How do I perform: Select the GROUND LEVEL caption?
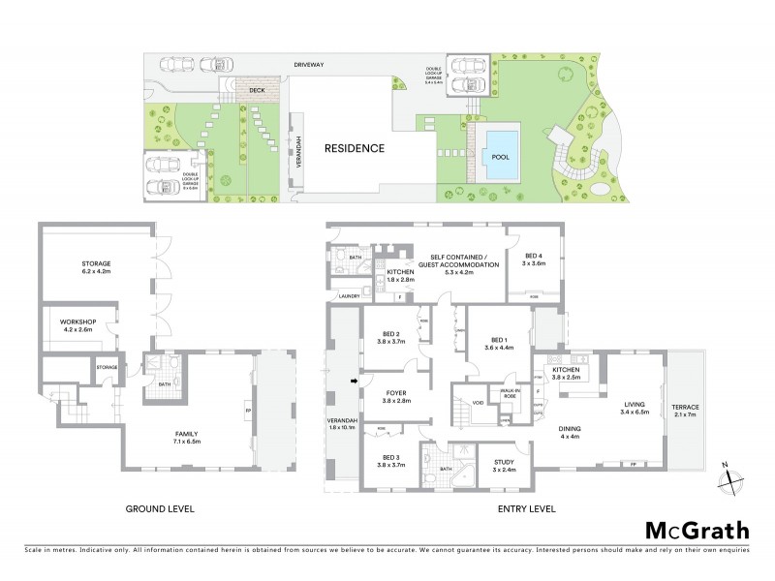(160, 507)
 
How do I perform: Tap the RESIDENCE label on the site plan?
(354, 148)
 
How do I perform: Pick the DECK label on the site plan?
(257, 90)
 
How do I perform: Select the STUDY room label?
(503, 466)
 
